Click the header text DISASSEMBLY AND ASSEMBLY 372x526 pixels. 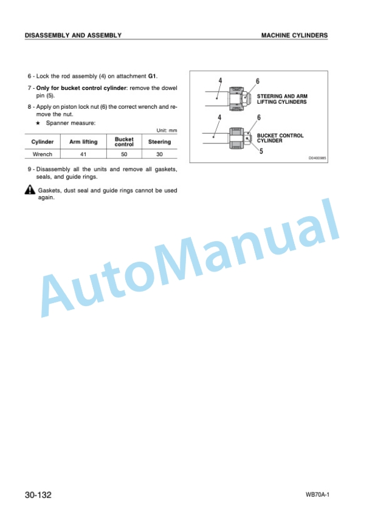[x=73, y=35]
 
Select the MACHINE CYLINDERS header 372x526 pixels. [x=294, y=35]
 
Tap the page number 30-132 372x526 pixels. [x=38, y=495]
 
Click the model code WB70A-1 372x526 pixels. [x=317, y=495]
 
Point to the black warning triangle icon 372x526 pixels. [x=30, y=190]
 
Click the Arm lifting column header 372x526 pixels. [x=83, y=142]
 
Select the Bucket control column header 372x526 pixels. [x=124, y=142]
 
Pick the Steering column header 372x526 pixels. [x=159, y=142]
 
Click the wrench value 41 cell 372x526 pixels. [x=83, y=154]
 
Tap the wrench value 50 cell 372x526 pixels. [x=124, y=154]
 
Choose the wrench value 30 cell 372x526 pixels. [x=159, y=154]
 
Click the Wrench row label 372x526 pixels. [x=43, y=154]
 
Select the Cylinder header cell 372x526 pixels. [x=43, y=142]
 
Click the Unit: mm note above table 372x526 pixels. [x=167, y=131]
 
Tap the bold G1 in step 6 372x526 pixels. [x=152, y=76]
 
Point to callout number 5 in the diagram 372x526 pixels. [x=261, y=151]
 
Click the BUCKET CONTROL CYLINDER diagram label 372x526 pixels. [x=280, y=138]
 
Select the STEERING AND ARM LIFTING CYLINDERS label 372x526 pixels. [x=282, y=99]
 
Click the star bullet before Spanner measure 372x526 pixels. [x=38, y=123]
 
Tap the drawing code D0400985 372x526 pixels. [x=317, y=158]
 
